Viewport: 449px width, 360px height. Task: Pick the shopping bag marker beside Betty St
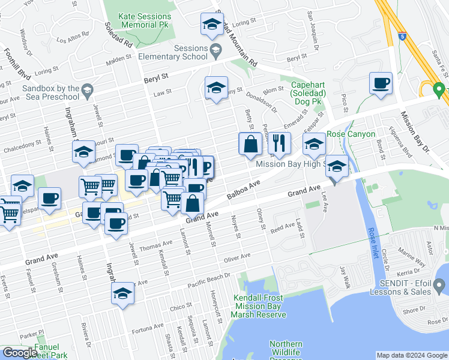tap(250, 144)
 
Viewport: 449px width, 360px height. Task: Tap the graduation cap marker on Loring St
tap(211, 24)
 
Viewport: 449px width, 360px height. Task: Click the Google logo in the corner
tap(20, 353)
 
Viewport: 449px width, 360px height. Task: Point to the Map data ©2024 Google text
tap(411, 355)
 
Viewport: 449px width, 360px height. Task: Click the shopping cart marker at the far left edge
tap(8, 211)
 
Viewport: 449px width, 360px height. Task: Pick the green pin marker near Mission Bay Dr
tap(439, 91)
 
